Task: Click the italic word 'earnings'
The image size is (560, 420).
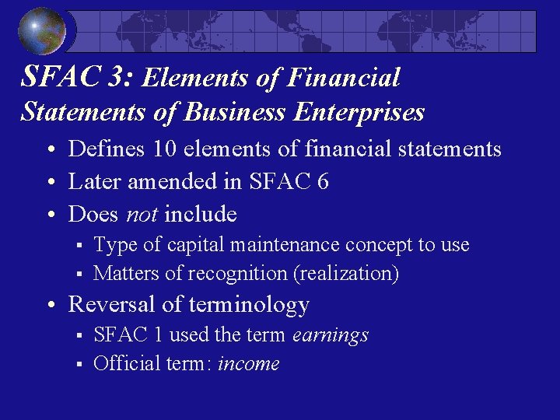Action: pyautogui.click(x=331, y=334)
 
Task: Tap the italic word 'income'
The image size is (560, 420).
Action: pyautogui.click(x=248, y=363)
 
